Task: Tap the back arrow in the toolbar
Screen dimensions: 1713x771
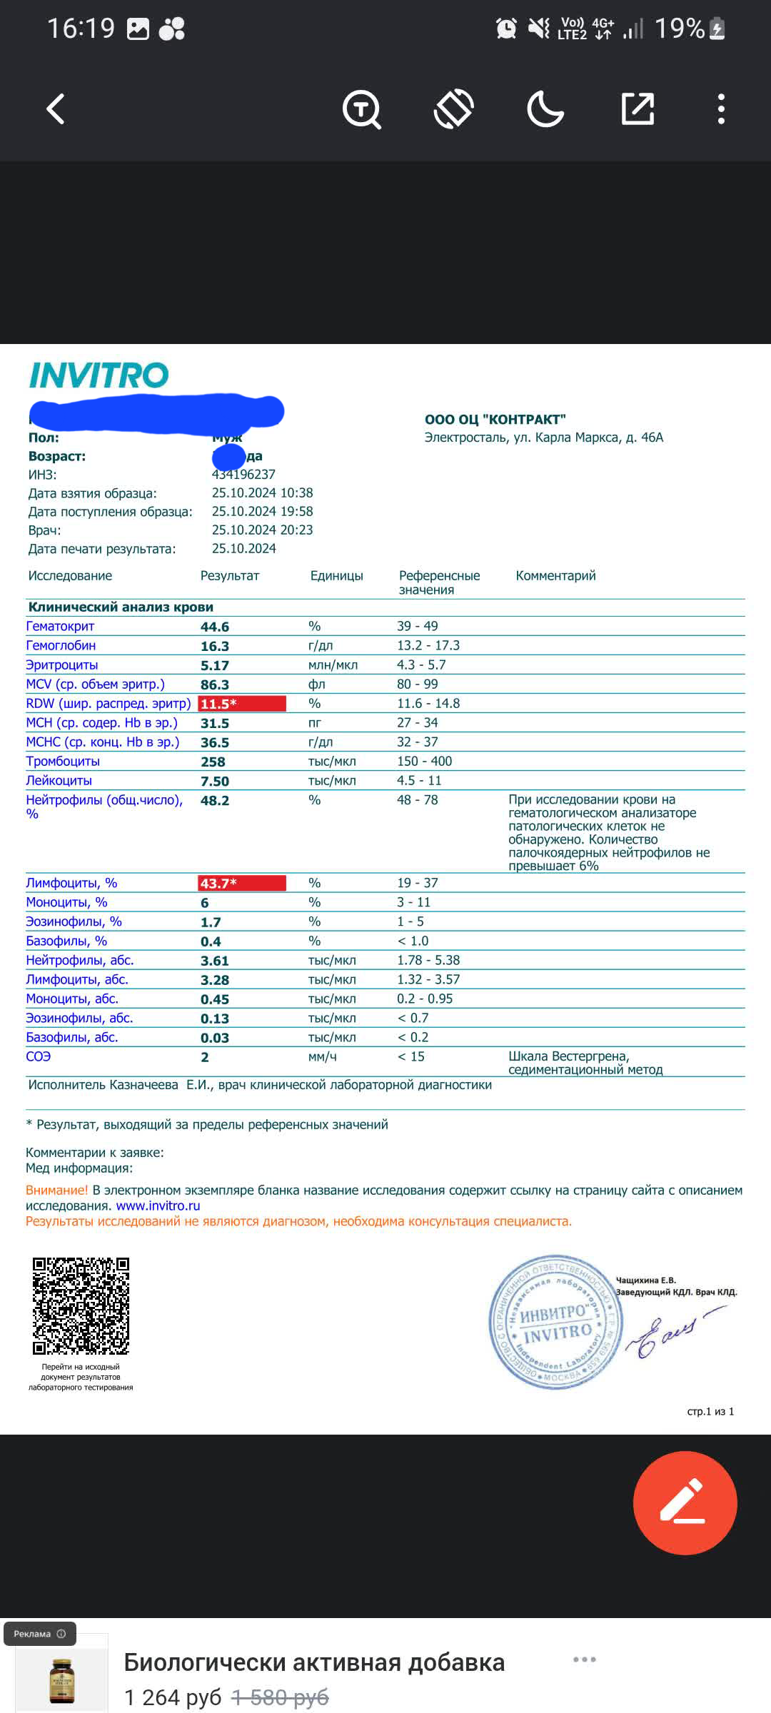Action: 56,109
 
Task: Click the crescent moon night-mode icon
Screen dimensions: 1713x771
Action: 545,109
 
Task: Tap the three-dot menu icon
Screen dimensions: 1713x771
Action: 721,109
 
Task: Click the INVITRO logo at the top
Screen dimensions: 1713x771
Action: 99,375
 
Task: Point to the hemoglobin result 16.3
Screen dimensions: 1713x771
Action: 215,646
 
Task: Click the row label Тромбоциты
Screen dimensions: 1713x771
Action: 63,762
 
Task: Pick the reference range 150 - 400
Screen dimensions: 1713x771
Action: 424,762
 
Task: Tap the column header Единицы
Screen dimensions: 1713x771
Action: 336,576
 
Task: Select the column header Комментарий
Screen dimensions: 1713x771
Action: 555,576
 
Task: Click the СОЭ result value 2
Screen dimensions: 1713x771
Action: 205,1057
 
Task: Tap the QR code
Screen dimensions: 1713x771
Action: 81,1306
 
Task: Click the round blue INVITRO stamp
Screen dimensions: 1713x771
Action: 554,1322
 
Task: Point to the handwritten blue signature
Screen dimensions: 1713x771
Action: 671,1332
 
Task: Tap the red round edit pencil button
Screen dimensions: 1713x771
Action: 685,1502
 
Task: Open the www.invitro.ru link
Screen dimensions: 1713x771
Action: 158,1206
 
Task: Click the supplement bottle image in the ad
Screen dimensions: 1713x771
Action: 62,1681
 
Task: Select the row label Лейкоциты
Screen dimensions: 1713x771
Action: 59,781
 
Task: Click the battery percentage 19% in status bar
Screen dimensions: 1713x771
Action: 679,29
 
